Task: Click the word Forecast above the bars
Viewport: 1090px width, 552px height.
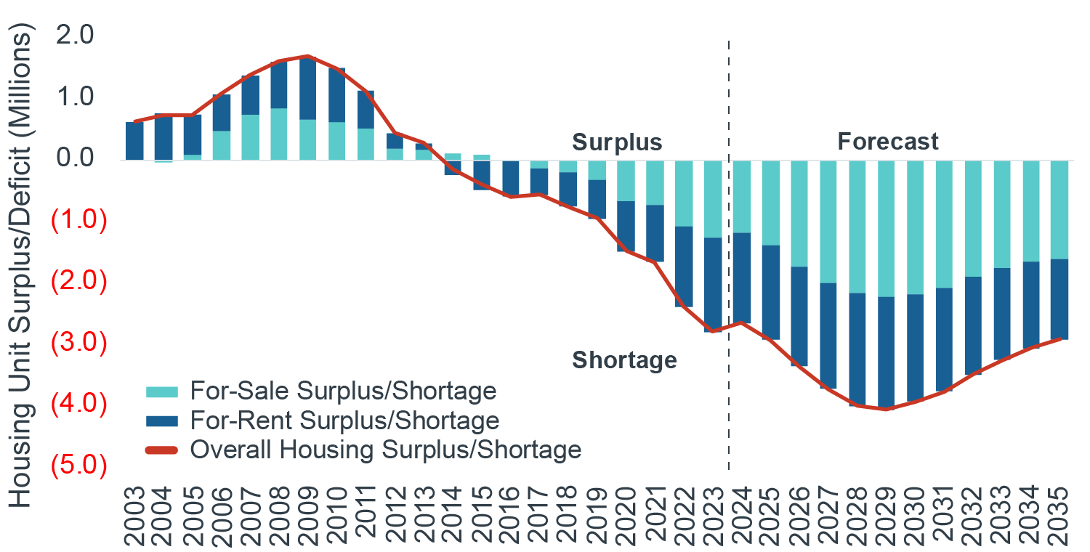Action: click(888, 141)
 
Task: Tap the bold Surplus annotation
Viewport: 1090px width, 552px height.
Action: click(617, 142)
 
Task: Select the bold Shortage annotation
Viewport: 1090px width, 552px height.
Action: click(624, 360)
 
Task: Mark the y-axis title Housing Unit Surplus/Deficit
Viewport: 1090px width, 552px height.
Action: click(22, 269)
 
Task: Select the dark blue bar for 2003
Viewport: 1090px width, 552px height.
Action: click(134, 140)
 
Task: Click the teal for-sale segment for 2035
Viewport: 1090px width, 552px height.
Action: click(1060, 209)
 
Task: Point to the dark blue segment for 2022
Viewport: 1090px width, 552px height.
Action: click(684, 267)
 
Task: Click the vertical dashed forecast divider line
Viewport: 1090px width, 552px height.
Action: click(729, 291)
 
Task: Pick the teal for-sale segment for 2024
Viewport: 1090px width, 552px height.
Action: click(742, 196)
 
